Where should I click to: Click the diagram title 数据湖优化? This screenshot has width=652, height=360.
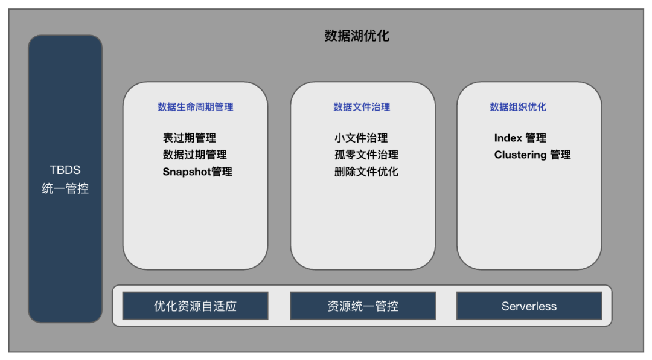pyautogui.click(x=357, y=36)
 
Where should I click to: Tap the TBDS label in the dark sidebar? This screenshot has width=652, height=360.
pyautogui.click(x=65, y=170)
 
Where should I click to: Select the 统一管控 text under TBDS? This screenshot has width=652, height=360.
pyautogui.click(x=65, y=188)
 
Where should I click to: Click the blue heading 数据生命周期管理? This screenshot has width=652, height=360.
pyautogui.click(x=195, y=107)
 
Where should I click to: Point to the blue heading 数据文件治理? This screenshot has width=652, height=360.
pyautogui.click(x=362, y=107)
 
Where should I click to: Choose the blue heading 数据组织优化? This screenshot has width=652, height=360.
pyautogui.click(x=517, y=107)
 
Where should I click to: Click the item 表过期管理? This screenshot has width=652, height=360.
pyautogui.click(x=189, y=138)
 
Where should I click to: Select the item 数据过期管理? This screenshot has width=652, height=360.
pyautogui.click(x=194, y=155)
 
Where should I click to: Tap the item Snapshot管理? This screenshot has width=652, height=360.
pyautogui.click(x=197, y=172)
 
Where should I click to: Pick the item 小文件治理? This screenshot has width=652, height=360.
pyautogui.click(x=361, y=138)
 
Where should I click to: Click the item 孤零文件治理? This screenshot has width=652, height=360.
pyautogui.click(x=366, y=155)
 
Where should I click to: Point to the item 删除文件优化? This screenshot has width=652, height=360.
pyautogui.click(x=366, y=172)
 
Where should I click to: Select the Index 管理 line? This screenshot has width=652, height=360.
pyautogui.click(x=520, y=138)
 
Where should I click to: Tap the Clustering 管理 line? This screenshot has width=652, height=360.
pyautogui.click(x=532, y=155)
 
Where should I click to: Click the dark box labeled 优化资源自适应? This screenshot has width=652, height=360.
pyautogui.click(x=195, y=306)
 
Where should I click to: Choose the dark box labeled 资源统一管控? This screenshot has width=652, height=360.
pyautogui.click(x=362, y=306)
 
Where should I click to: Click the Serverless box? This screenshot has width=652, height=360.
pyautogui.click(x=529, y=306)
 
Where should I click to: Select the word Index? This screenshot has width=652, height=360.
pyautogui.click(x=508, y=138)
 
